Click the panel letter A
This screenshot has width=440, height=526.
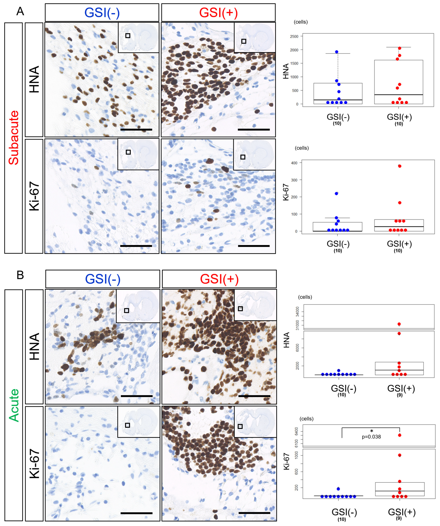coord(20,11)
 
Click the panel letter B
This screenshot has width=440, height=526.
coord(20,275)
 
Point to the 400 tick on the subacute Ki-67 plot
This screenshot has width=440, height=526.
coord(294,163)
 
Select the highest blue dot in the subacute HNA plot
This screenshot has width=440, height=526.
coord(337,52)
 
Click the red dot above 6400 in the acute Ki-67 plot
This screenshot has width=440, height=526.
coord(399,435)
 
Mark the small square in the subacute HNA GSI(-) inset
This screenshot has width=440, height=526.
coord(128,36)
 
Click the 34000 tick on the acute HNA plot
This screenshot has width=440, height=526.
coord(297,312)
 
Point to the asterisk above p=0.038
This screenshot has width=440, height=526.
coord(371,431)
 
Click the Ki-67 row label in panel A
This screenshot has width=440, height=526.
coord(34,196)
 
